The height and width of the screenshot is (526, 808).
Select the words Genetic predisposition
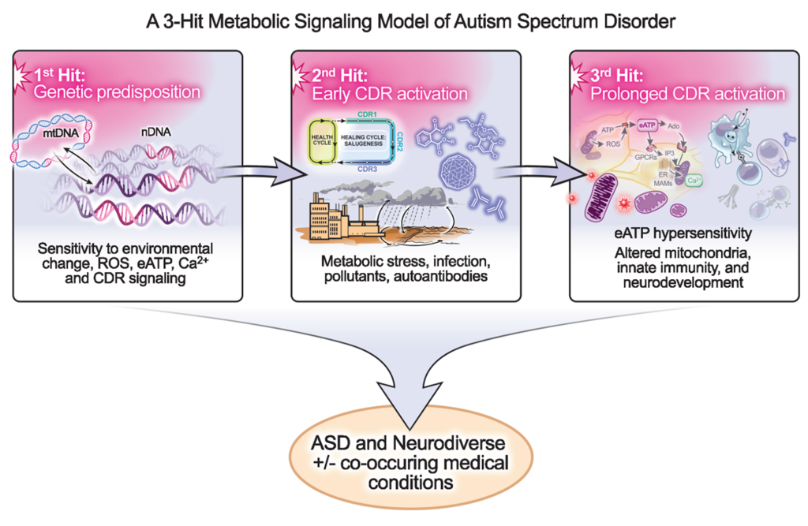pos(116,92)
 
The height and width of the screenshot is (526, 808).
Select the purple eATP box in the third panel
pos(649,125)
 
